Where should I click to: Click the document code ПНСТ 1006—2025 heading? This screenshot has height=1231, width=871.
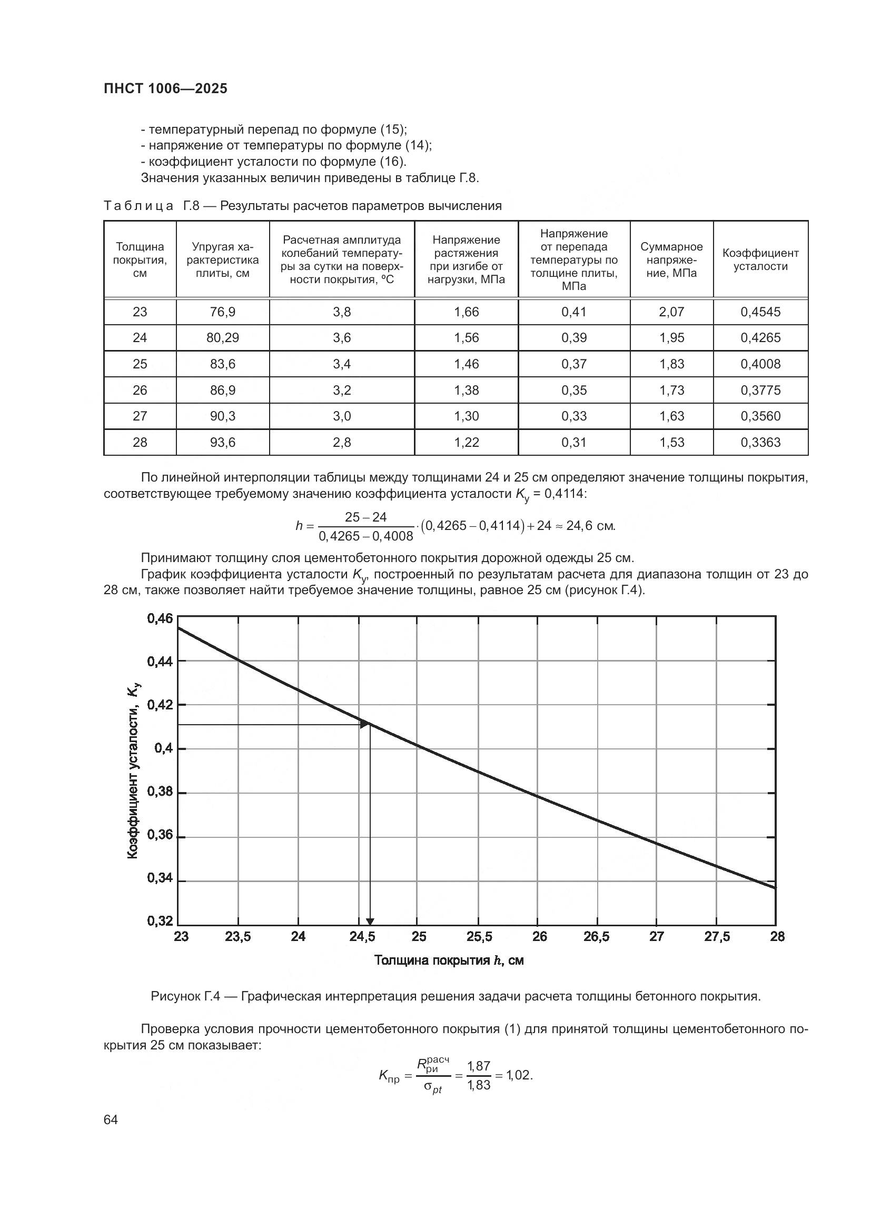tap(165, 89)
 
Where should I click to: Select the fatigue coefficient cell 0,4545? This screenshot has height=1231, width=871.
tap(760, 312)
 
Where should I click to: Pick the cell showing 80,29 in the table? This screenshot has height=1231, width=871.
tap(223, 338)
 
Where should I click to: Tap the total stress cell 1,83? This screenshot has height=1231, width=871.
tap(671, 364)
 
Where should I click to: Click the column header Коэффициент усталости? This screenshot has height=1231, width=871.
tap(760, 259)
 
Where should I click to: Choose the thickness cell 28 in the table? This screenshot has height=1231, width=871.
tap(140, 442)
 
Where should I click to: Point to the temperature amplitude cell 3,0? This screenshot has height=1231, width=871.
tap(342, 416)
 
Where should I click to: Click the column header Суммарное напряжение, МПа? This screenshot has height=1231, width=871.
tap(671, 259)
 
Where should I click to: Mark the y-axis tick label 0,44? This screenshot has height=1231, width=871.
tap(160, 662)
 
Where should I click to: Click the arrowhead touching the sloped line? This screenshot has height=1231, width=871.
tap(365, 725)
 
